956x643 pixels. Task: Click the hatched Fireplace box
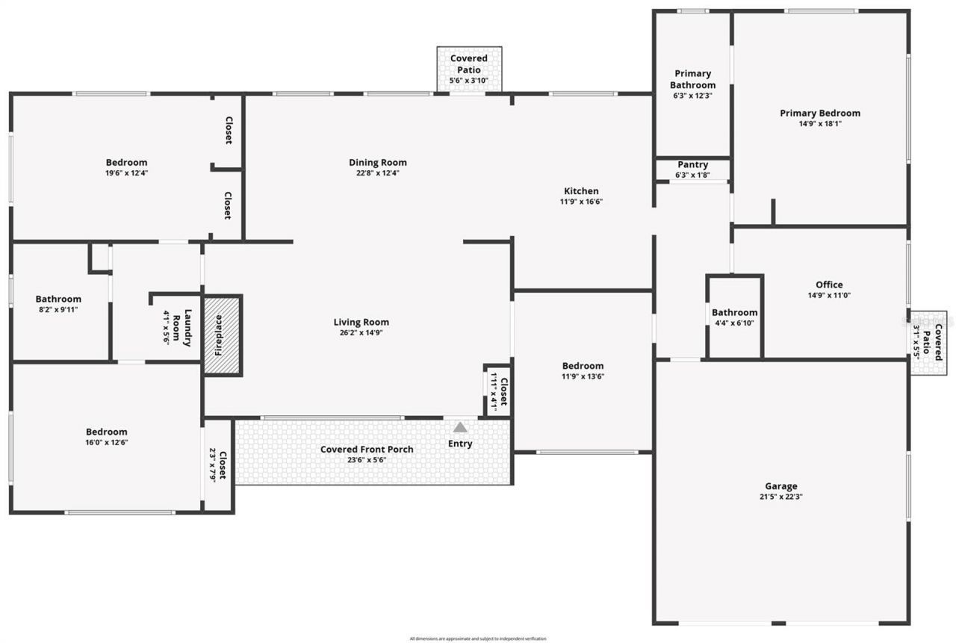pos(223,335)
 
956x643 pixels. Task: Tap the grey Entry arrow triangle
pos(460,427)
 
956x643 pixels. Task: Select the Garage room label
pos(780,486)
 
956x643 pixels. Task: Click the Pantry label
pos(692,165)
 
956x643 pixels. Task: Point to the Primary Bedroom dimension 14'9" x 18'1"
pos(819,124)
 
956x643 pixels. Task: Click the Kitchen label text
pos(581,191)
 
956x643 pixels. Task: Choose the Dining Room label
pos(378,163)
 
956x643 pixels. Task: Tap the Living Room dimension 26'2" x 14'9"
pos(361,333)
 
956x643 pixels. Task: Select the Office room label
pos(829,285)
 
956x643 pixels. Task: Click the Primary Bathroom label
pos(692,79)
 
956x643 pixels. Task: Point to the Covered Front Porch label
pos(367,450)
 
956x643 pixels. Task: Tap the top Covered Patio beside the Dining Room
pos(469,69)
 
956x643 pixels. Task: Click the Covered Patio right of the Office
pos(928,342)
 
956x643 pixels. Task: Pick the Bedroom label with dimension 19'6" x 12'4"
pos(126,163)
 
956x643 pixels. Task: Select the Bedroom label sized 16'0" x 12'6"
pos(106,432)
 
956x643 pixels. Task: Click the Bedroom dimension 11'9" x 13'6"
pos(583,376)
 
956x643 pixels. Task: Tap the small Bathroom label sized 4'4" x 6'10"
pos(734,313)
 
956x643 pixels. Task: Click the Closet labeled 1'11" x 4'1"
pos(498,391)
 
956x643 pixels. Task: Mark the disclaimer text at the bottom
pos(478,639)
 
